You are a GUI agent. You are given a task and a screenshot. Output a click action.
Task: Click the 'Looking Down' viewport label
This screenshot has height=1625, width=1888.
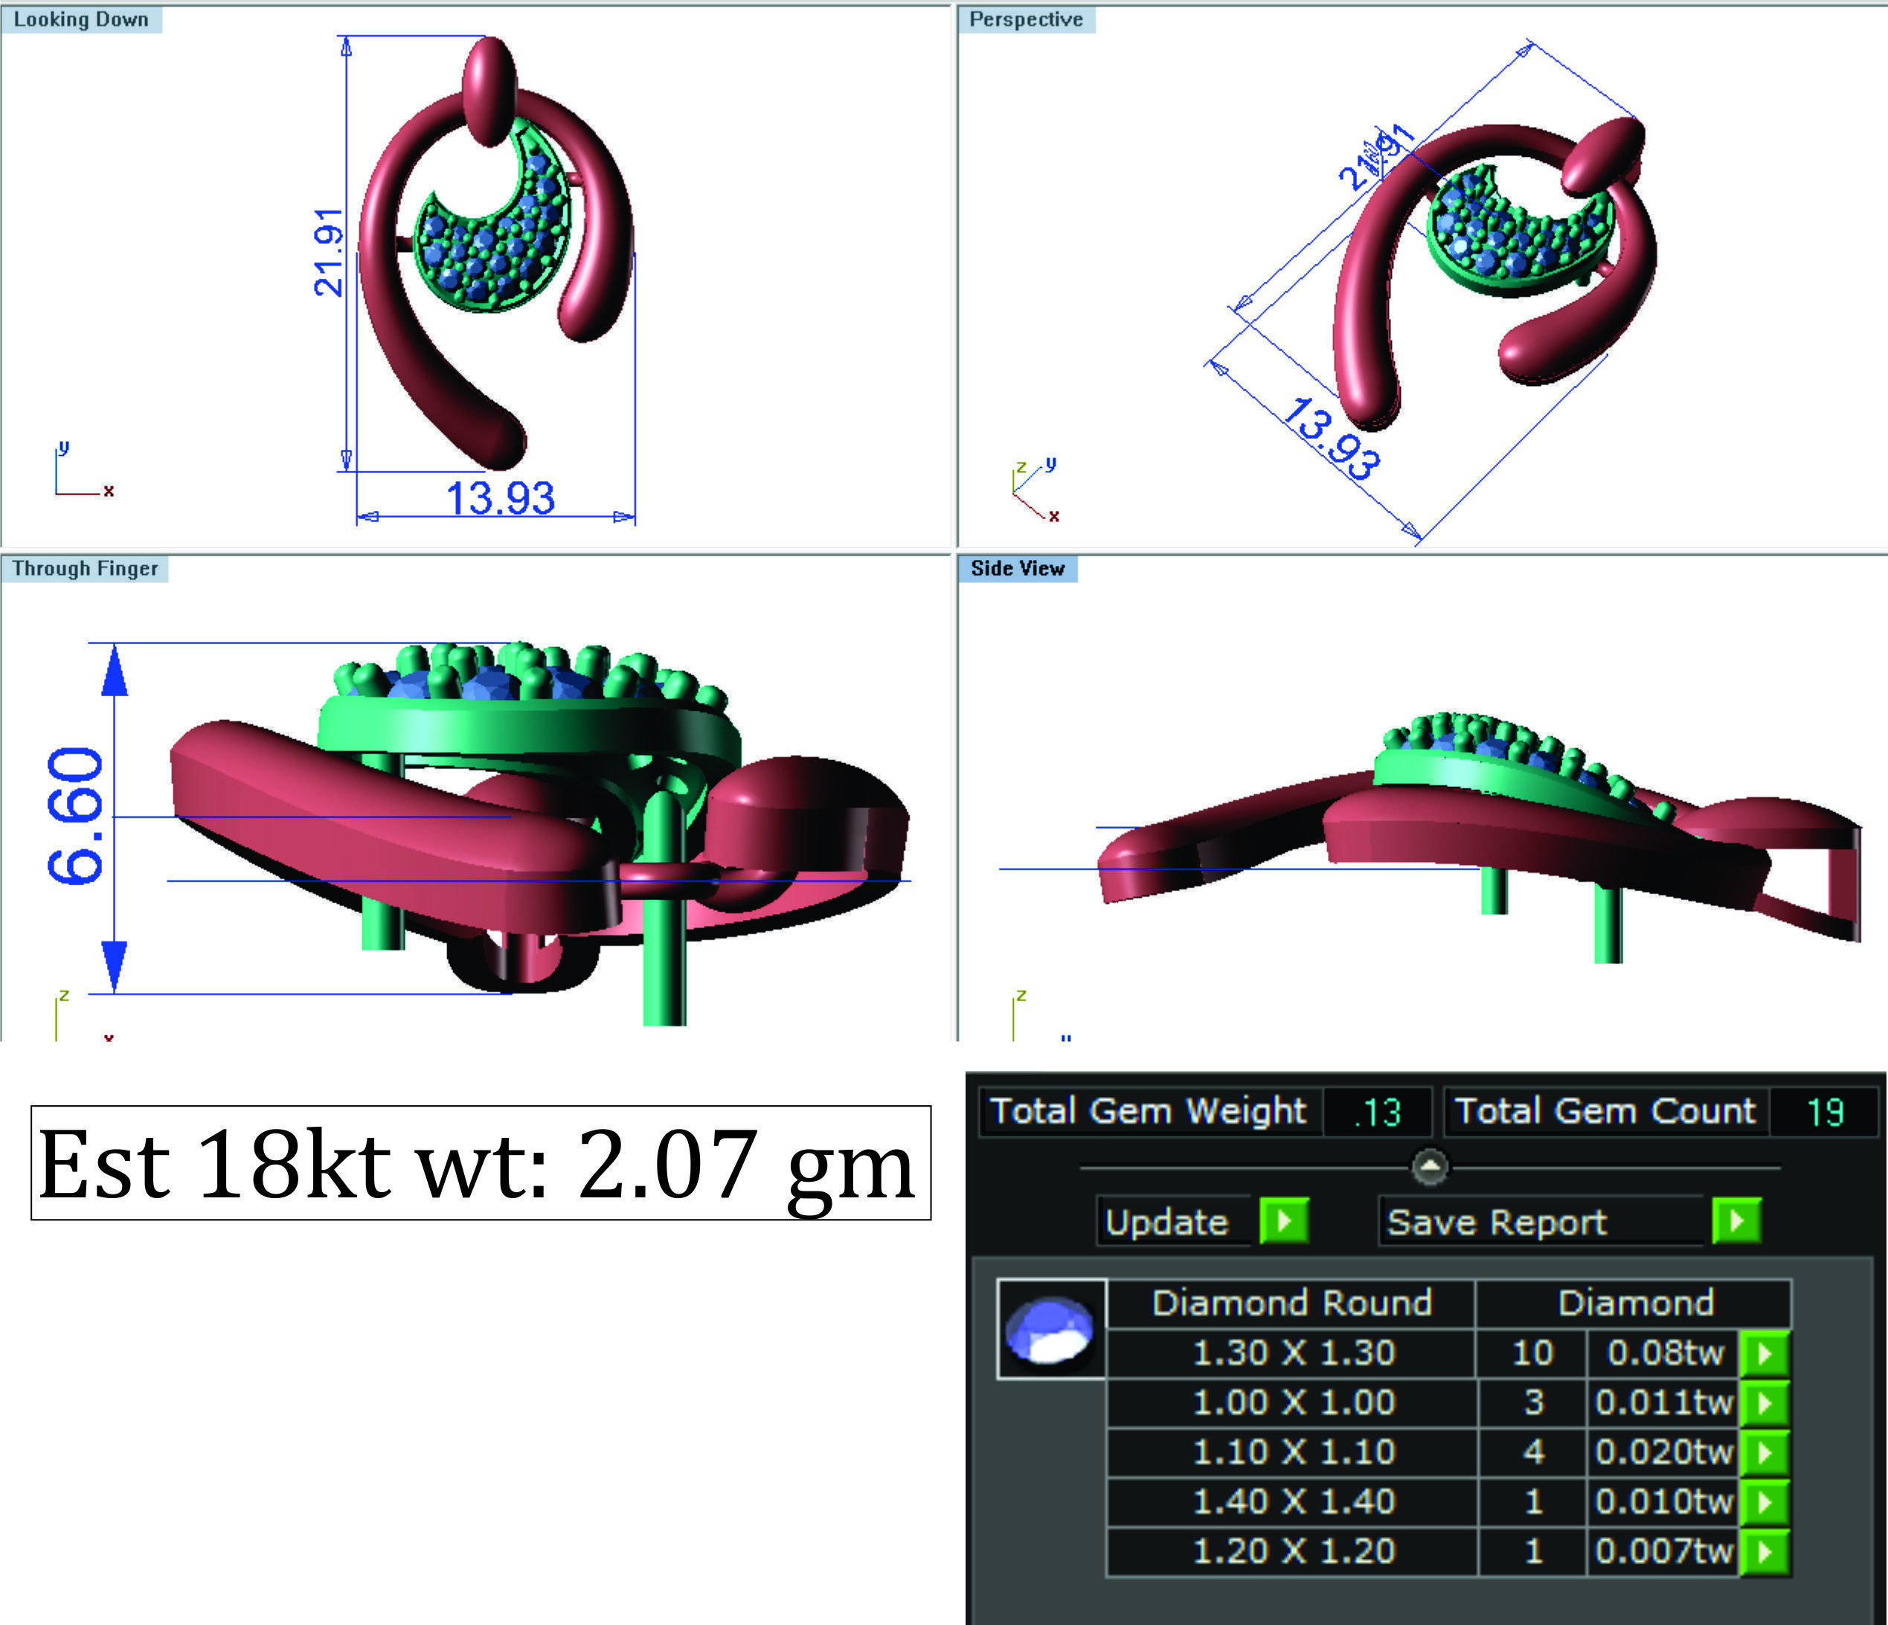81,20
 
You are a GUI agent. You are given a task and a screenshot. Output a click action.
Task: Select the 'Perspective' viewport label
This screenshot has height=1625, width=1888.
1026,20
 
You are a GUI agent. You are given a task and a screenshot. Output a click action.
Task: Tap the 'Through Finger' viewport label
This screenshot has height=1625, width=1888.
85,568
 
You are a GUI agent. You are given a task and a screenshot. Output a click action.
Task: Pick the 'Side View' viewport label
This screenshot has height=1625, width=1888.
1018,568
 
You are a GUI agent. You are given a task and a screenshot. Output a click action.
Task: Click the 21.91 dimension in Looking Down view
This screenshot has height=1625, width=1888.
329,252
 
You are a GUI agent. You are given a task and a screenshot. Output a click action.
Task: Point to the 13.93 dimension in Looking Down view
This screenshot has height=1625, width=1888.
499,499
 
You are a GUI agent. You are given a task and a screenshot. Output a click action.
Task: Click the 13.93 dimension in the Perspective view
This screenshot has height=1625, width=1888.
1330,438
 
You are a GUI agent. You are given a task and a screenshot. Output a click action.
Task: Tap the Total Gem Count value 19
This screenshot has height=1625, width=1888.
1824,1112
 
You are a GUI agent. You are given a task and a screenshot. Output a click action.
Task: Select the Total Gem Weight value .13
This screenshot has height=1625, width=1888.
1377,1112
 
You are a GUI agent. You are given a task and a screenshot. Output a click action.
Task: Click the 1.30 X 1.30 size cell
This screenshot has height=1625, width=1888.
1294,1353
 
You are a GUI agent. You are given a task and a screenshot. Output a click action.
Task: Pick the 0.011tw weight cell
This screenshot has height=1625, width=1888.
1663,1402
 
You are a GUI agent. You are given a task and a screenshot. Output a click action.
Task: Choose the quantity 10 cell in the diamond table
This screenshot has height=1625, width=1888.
1532,1353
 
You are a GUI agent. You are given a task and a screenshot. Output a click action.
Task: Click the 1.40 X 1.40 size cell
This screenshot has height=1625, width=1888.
1294,1501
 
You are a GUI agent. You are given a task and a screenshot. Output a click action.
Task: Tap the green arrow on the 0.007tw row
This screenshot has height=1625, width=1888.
1764,1551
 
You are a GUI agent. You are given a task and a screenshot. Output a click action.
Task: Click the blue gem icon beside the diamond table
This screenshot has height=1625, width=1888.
1050,1329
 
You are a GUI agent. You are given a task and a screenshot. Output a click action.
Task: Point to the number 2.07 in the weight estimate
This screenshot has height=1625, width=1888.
664,1164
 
